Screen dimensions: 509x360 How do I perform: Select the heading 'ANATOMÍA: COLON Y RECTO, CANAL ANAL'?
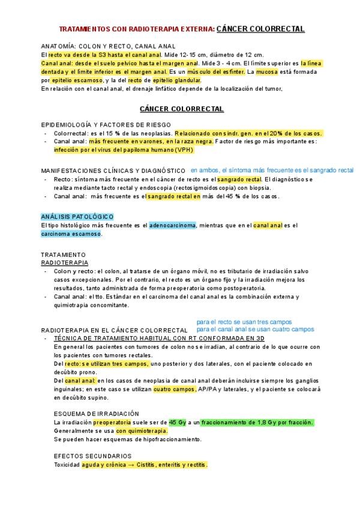point(108,46)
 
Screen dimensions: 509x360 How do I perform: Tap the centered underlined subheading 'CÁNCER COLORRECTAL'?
point(182,109)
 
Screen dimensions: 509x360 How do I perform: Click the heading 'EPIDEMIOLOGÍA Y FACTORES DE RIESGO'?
point(106,124)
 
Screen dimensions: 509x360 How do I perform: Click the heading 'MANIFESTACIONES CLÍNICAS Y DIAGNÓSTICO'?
point(113,171)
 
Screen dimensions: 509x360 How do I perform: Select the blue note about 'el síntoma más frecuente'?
point(272,170)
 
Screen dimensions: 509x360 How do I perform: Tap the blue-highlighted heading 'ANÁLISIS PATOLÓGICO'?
point(77,217)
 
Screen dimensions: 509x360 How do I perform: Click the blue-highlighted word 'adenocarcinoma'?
point(173,225)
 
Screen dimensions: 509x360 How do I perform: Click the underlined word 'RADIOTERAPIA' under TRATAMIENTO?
point(64,263)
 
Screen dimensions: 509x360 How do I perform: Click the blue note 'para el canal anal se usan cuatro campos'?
point(255,329)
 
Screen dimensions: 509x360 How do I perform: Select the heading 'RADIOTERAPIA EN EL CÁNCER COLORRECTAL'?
point(114,331)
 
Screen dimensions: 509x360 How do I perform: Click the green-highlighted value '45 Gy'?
point(178,422)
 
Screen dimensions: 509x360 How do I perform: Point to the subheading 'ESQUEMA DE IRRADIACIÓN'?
point(96,414)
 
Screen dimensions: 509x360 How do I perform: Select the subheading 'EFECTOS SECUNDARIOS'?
point(92,456)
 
